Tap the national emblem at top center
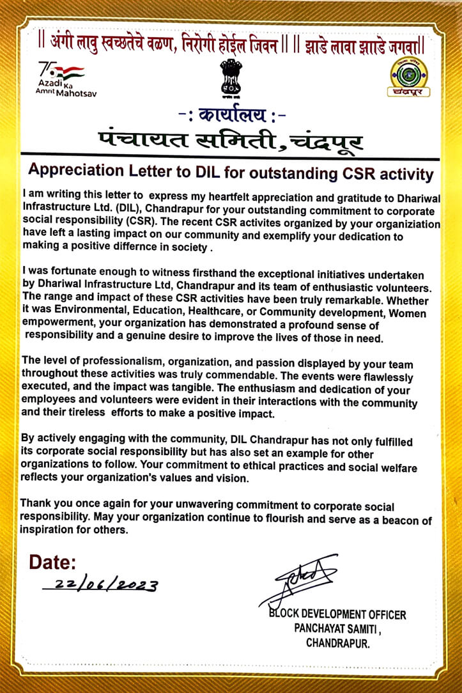[x=230, y=79]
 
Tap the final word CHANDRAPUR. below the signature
[x=337, y=643]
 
